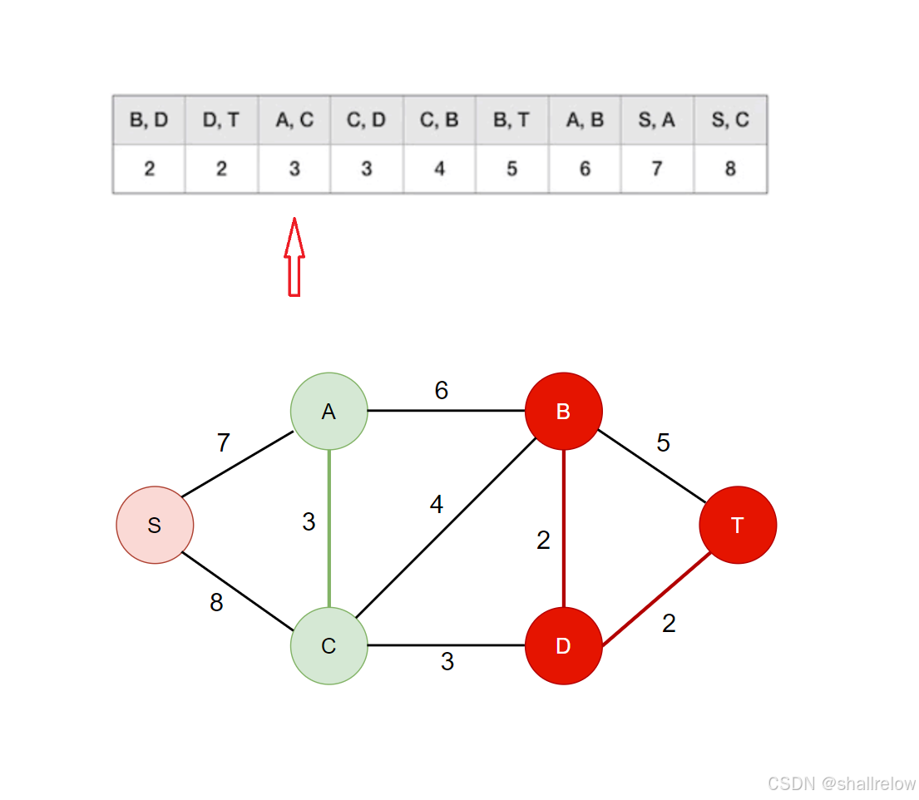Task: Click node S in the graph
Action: pos(155,525)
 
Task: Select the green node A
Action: pos(329,411)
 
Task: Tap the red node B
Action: pos(563,411)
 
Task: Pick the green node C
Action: pos(329,646)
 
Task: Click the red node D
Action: pos(563,646)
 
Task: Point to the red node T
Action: pos(738,525)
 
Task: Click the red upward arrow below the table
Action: pos(294,257)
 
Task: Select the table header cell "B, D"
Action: pos(149,120)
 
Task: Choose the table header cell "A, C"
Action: pos(294,120)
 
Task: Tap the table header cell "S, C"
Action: pos(730,120)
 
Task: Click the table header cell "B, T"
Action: pos(511,120)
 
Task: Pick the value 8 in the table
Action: pos(730,169)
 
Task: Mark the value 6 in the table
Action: pos(585,169)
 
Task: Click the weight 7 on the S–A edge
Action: pos(223,443)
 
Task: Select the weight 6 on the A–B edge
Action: pos(442,390)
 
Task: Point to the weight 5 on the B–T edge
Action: pos(663,442)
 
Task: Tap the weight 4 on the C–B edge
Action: pos(437,504)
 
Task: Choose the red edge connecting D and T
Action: pos(653,600)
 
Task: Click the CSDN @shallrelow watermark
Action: pos(841,783)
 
